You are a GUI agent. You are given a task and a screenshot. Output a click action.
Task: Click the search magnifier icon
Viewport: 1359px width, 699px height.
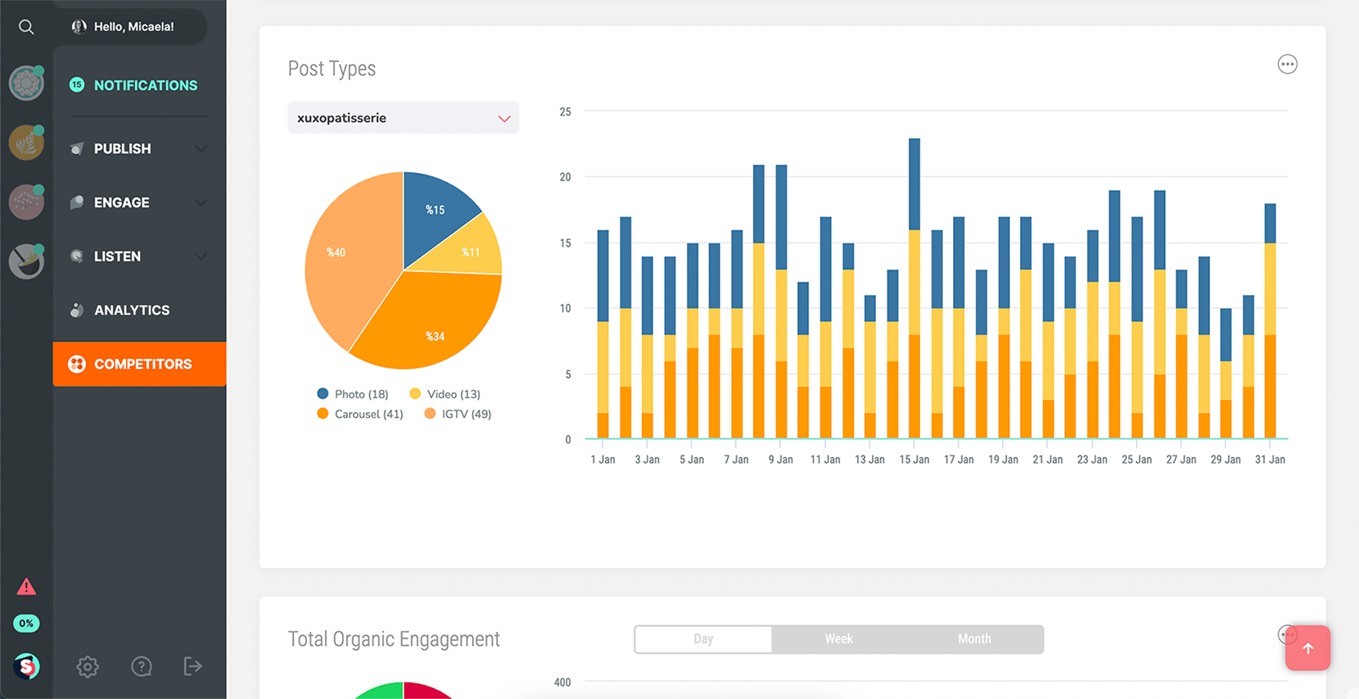tap(26, 27)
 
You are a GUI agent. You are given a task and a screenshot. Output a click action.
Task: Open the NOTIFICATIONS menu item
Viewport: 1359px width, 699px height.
tap(145, 85)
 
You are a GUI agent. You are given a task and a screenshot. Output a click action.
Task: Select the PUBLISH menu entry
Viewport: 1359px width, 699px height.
tap(123, 148)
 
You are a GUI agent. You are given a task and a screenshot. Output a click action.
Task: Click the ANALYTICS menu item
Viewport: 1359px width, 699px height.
tap(131, 310)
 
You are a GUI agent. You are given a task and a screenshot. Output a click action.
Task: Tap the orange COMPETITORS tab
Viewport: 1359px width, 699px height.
tap(140, 364)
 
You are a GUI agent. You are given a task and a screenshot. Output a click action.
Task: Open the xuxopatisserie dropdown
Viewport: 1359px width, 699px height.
tap(403, 118)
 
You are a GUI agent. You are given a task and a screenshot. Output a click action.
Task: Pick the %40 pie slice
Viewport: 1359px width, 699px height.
tap(344, 254)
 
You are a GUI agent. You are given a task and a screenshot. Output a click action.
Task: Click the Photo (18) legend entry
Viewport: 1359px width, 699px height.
tap(353, 394)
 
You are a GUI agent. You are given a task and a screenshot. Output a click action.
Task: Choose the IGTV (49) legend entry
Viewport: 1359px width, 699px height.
tap(458, 414)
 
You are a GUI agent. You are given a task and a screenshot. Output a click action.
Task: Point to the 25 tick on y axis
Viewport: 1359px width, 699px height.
tap(565, 112)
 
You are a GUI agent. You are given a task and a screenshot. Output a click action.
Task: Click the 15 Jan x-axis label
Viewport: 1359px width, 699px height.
tap(914, 460)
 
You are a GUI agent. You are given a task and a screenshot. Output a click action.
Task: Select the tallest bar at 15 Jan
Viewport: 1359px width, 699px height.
tap(914, 287)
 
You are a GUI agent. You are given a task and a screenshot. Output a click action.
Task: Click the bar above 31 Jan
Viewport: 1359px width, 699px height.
tap(1270, 320)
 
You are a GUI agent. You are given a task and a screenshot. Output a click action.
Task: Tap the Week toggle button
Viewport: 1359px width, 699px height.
tap(838, 639)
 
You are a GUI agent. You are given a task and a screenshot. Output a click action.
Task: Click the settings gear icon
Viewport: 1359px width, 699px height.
tap(88, 666)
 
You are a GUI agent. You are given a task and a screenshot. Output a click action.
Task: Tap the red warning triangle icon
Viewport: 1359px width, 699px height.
tap(26, 587)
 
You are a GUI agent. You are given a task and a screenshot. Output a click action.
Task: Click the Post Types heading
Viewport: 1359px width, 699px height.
tap(332, 69)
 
